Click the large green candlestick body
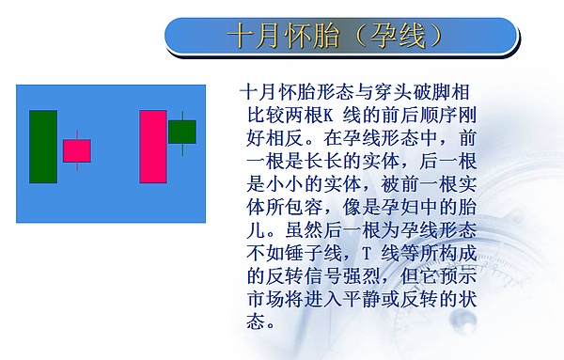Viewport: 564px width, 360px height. (x=43, y=146)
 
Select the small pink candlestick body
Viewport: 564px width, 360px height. (x=77, y=150)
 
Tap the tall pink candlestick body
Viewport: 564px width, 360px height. (x=153, y=146)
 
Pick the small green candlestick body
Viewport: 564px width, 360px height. (x=182, y=131)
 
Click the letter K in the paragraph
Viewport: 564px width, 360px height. (x=331, y=117)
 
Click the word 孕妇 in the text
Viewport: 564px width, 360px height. (x=400, y=208)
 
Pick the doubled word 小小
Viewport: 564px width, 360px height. (x=288, y=185)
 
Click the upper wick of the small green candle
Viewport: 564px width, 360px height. (x=182, y=115)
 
